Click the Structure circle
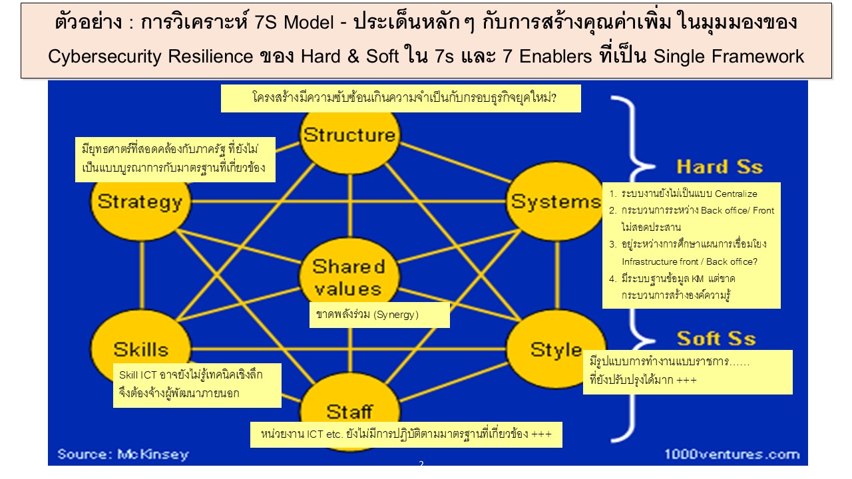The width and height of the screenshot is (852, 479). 349,136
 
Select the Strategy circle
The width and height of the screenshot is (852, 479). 140,202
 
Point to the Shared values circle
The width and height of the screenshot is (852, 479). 348,277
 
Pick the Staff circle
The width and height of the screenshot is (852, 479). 349,410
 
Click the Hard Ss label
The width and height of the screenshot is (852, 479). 719,166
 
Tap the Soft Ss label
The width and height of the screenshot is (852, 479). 716,339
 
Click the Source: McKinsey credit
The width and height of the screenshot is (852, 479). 123,454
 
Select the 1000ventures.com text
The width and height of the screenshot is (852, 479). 732,454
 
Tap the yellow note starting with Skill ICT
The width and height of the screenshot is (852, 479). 197,385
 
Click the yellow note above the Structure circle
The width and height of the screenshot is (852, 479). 401,98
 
